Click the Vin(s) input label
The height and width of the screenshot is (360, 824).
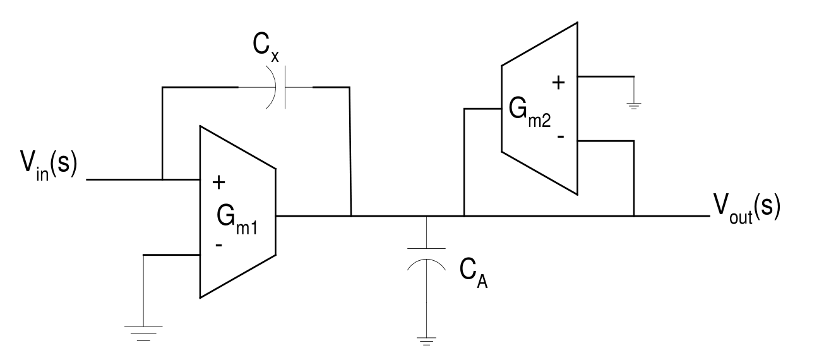[49, 165]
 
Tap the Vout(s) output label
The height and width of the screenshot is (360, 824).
[746, 208]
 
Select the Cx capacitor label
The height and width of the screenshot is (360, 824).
[266, 47]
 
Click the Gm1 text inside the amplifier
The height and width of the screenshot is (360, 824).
[237, 220]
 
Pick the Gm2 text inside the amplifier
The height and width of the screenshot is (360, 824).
[530, 112]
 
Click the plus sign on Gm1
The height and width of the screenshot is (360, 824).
[219, 182]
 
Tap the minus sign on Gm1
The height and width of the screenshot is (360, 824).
[218, 245]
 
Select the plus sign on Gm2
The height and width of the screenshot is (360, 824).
[558, 83]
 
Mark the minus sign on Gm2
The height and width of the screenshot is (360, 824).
[561, 136]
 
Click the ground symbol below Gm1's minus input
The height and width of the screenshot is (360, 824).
[143, 333]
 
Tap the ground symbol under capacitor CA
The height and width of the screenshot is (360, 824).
[426, 341]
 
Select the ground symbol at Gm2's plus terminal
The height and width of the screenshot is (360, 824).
[634, 106]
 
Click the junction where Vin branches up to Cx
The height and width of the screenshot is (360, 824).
[162, 179]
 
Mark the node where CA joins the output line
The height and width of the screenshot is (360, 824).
[426, 216]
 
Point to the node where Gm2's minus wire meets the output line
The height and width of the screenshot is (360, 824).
[634, 216]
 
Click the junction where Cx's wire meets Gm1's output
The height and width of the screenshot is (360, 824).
[351, 216]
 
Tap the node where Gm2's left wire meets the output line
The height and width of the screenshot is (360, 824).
[464, 216]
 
